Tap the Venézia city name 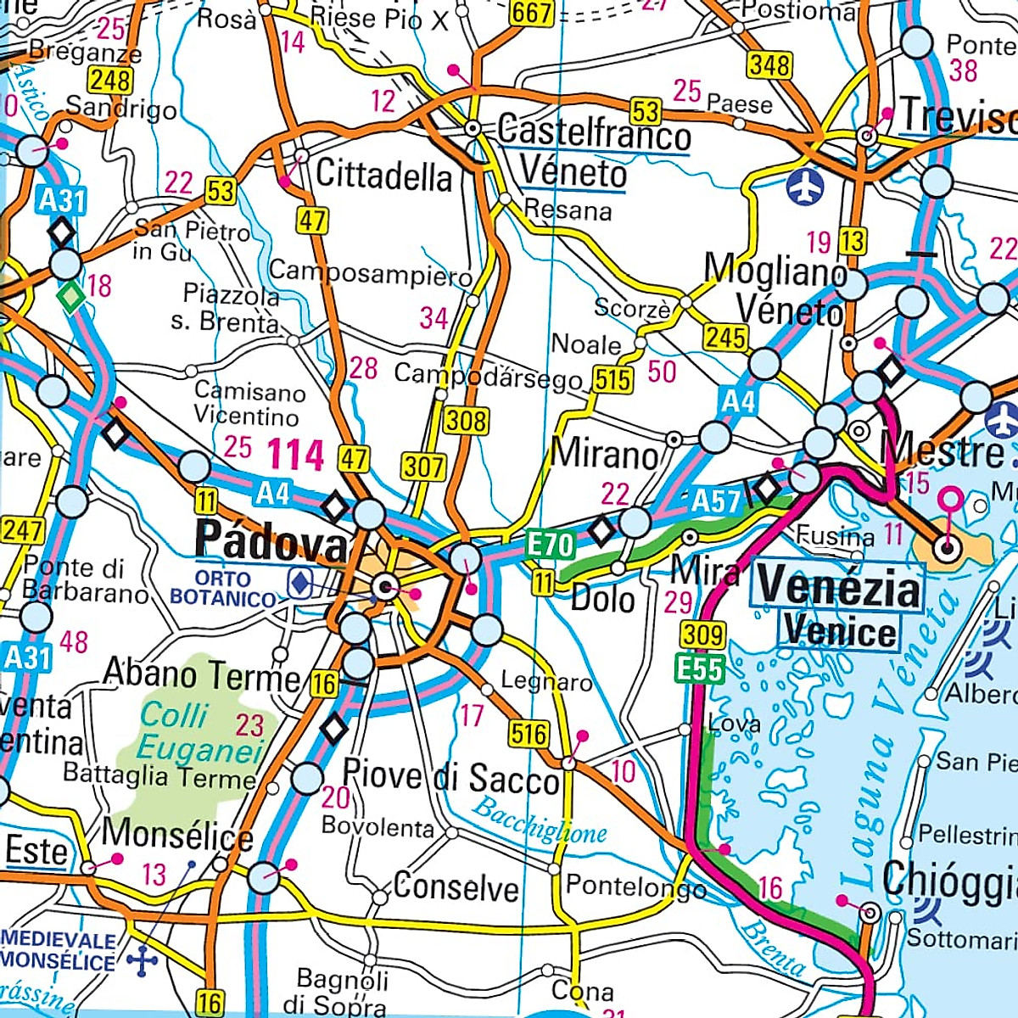coord(837,585)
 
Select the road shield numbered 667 coord(532,12)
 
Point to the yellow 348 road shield coord(769,65)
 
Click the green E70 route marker coord(551,545)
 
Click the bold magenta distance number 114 coord(296,455)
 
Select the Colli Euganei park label coord(199,732)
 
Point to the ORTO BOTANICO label coord(222,588)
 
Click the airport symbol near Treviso coord(805,187)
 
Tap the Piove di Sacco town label coord(450,777)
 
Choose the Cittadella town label coord(384,176)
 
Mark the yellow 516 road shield coord(529,734)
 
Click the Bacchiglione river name coord(540,820)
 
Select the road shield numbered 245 coord(725,338)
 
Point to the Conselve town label coord(456,887)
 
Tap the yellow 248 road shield coord(110,81)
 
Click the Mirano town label coord(604,456)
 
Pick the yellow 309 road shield coord(703,635)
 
